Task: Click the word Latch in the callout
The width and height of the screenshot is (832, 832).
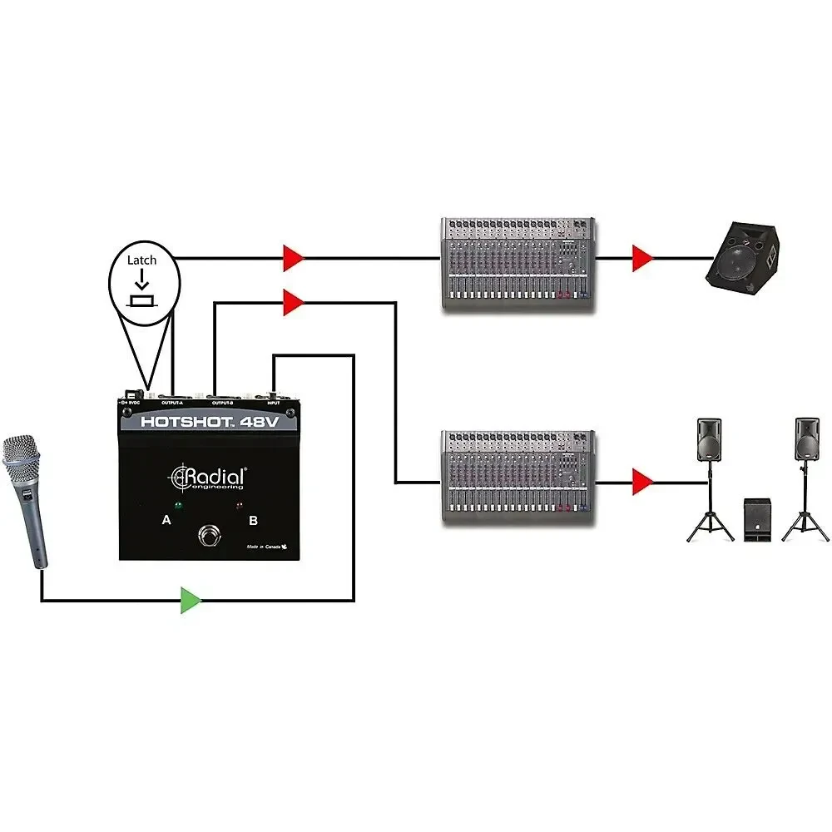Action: click(x=141, y=260)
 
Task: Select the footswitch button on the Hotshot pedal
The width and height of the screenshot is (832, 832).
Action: click(x=210, y=536)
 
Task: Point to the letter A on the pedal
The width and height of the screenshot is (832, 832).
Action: click(x=166, y=521)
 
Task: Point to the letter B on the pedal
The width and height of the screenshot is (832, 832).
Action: click(x=253, y=521)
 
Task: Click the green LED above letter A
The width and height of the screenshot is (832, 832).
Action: click(x=178, y=505)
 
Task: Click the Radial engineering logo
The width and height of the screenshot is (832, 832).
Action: click(x=209, y=479)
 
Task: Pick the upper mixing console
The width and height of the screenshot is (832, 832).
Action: click(x=518, y=265)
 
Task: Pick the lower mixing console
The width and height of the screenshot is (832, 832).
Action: click(x=518, y=477)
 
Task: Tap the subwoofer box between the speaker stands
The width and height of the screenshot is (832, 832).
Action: click(x=760, y=520)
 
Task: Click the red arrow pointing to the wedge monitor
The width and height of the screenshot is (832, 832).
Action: click(x=641, y=259)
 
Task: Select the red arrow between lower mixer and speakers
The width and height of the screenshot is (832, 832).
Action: click(x=641, y=481)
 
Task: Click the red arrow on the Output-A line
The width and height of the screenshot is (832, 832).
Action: click(x=293, y=258)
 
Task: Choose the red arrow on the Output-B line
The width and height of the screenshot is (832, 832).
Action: click(x=293, y=303)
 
